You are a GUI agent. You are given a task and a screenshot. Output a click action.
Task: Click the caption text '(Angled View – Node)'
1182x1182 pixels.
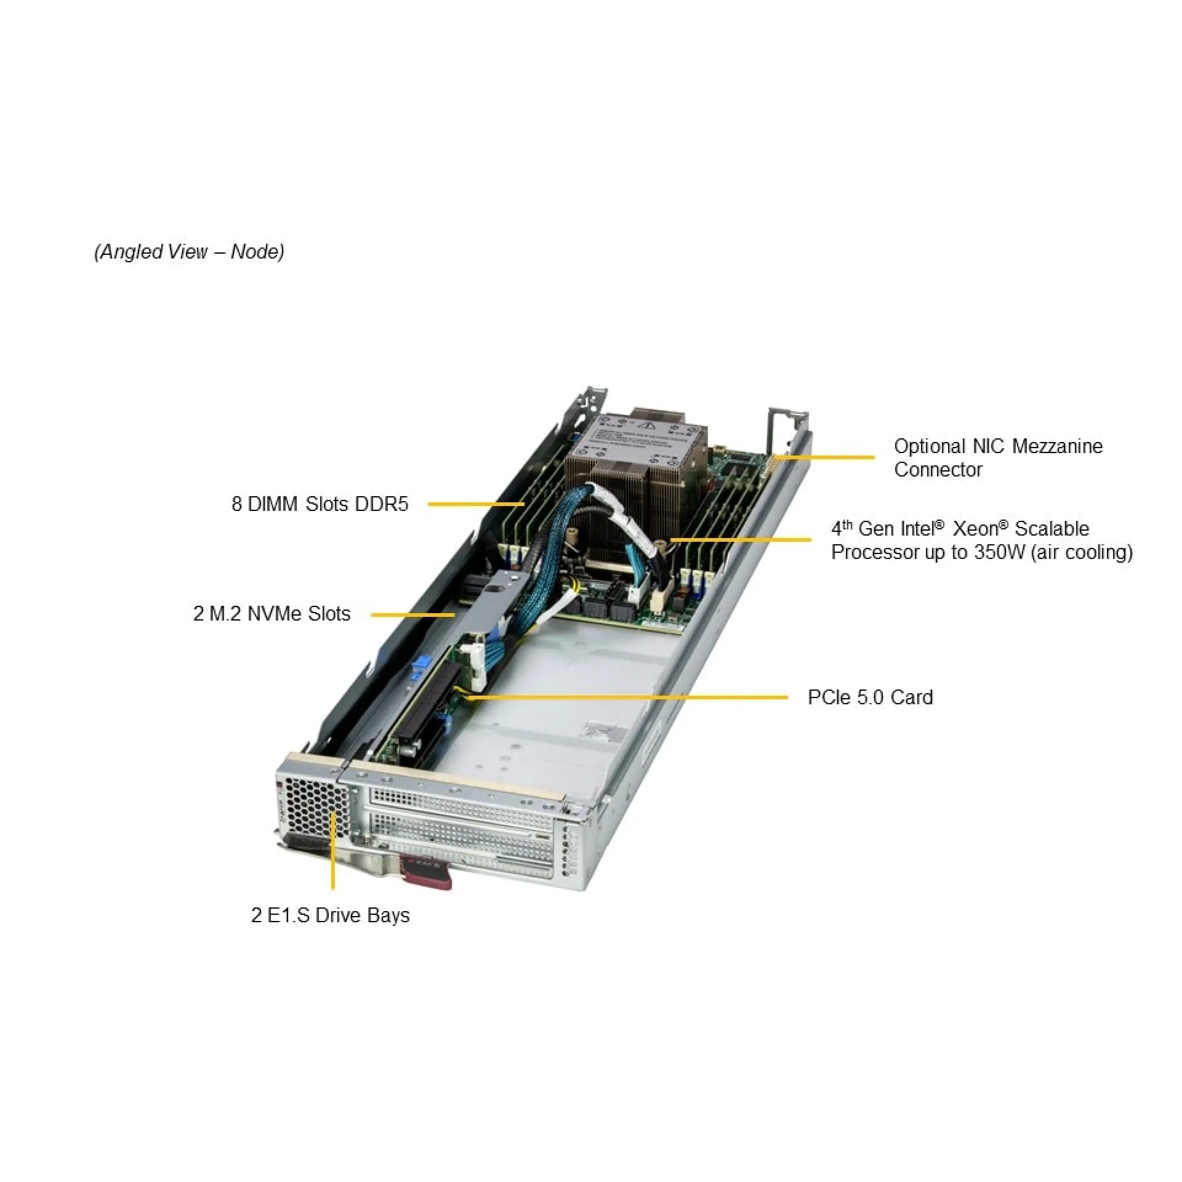point(189,252)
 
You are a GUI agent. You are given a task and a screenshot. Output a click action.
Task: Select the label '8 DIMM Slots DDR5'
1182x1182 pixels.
point(320,504)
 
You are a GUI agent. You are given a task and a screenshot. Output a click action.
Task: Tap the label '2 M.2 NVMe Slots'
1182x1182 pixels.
point(271,614)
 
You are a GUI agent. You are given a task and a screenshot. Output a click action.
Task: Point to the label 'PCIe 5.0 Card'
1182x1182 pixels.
point(869,698)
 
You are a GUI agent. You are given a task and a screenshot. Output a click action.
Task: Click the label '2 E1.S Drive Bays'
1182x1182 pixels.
point(330,915)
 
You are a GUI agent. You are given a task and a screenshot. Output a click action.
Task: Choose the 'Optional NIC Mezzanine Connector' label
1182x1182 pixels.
point(997,457)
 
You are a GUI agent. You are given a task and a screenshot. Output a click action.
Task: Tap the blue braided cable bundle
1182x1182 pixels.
point(553,542)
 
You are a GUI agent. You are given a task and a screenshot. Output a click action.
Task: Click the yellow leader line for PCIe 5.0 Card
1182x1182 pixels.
point(628,698)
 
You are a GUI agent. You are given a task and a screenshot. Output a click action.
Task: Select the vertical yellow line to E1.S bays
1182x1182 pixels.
point(333,853)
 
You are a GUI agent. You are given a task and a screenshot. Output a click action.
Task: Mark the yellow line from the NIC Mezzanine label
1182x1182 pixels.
point(825,457)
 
